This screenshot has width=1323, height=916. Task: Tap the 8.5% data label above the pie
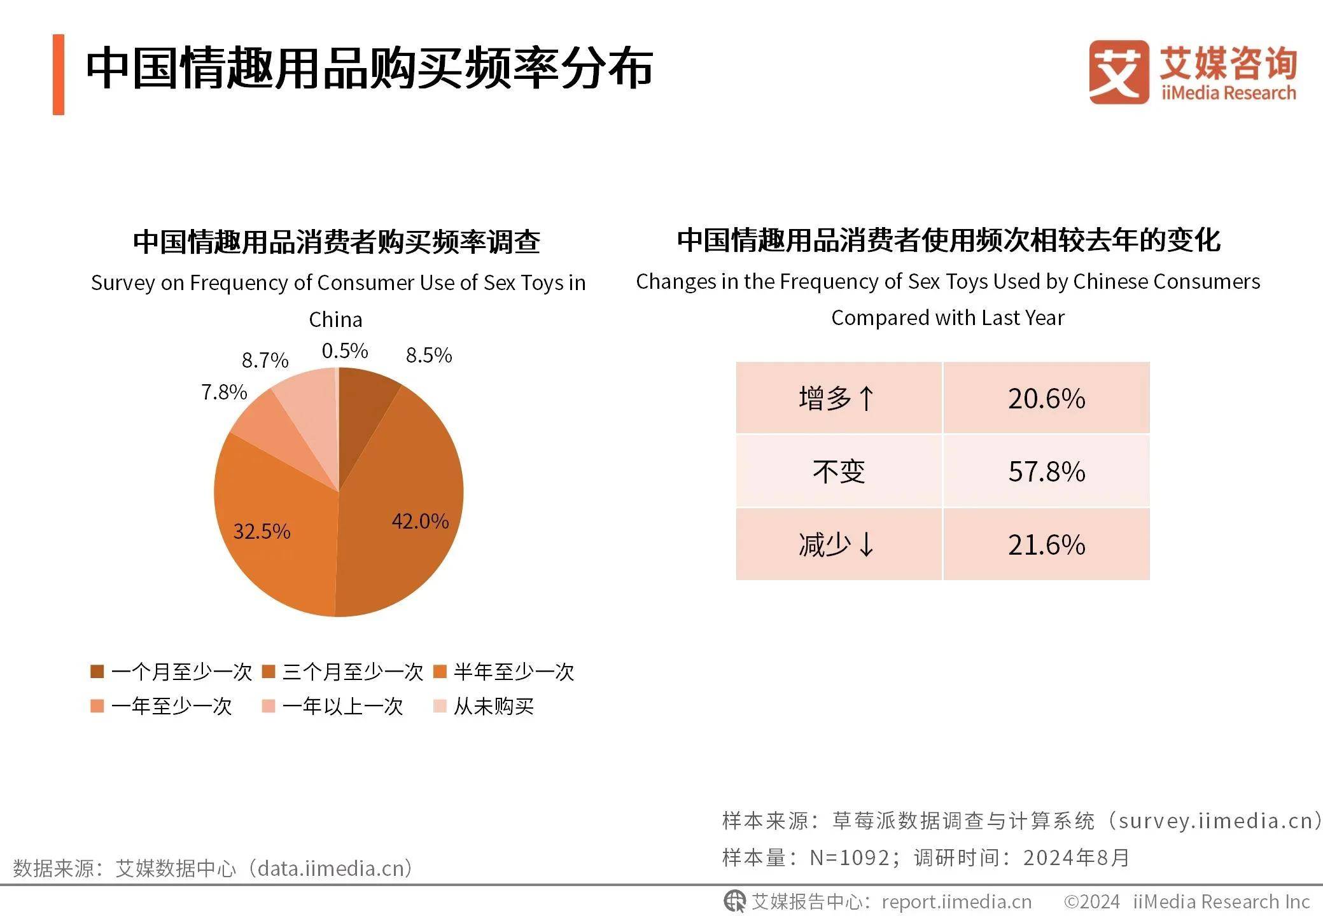point(429,355)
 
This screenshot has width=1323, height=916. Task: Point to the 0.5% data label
point(344,350)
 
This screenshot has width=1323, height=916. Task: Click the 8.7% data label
point(265,361)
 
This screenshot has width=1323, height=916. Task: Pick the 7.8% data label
point(224,392)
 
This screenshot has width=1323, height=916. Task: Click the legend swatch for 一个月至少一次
point(97,672)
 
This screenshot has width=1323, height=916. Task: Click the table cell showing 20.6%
point(1046,399)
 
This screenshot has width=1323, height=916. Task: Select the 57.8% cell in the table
point(1046,471)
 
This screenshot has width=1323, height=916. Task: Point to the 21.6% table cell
point(1046,545)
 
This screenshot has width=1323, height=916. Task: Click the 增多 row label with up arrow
point(838,399)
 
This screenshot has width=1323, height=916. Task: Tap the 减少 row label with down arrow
point(838,545)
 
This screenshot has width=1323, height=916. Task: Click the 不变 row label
point(838,471)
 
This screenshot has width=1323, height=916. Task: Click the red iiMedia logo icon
point(1118,72)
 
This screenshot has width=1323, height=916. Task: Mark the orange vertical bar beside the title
point(59,74)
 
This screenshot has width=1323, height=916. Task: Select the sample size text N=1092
point(850,857)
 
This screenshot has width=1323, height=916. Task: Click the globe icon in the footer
point(735,901)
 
